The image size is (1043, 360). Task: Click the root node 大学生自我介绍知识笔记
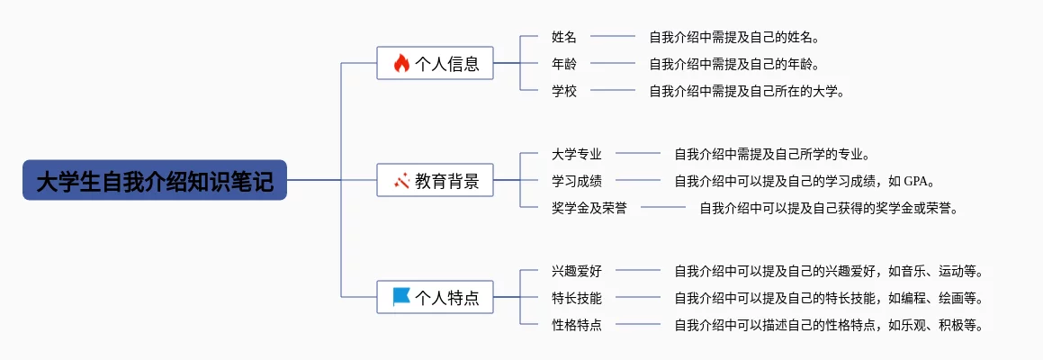[154, 180]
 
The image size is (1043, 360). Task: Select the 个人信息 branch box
[435, 63]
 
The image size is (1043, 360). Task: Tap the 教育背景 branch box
[435, 180]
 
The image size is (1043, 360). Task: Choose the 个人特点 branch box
[435, 297]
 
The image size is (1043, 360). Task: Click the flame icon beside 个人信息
[401, 63]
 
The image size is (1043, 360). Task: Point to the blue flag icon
[401, 297]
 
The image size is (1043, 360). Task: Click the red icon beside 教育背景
[401, 180]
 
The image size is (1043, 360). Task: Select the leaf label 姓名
[564, 37]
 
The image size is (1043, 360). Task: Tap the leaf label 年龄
[564, 64]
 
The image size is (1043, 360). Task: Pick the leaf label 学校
[564, 91]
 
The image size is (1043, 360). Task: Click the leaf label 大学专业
[577, 154]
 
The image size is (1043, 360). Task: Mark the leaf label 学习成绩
[577, 180]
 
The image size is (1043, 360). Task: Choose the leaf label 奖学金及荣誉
[589, 208]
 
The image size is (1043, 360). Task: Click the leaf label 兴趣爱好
[577, 271]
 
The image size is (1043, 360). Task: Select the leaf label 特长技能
[577, 297]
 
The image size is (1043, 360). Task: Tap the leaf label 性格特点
[577, 325]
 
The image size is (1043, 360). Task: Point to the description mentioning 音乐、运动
[829, 271]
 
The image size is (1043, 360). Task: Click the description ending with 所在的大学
[748, 91]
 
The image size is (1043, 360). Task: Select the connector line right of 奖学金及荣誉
[663, 208]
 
